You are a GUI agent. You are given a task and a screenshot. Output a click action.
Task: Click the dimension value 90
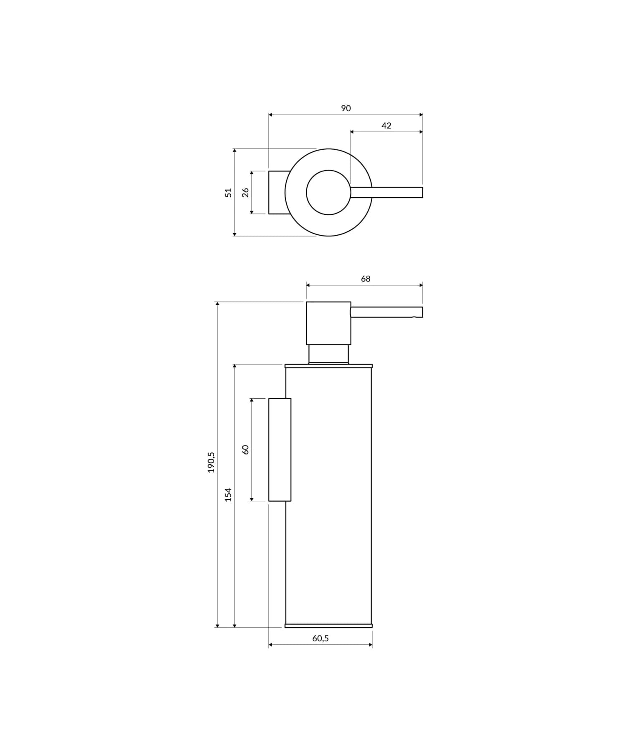pyautogui.click(x=346, y=108)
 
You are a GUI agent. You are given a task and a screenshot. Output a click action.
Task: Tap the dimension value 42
pyautogui.click(x=386, y=126)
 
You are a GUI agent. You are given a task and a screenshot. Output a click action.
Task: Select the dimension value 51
pyautogui.click(x=228, y=192)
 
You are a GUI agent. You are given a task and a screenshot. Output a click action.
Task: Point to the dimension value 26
pyautogui.click(x=245, y=192)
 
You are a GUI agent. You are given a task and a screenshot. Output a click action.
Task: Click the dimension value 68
pyautogui.click(x=365, y=279)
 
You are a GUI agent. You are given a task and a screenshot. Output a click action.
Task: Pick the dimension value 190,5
pyautogui.click(x=211, y=462)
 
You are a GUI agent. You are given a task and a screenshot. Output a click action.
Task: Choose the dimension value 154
pyautogui.click(x=228, y=494)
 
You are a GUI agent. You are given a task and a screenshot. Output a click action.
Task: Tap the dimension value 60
pyautogui.click(x=245, y=450)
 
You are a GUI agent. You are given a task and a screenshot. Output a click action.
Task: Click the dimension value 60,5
pyautogui.click(x=320, y=638)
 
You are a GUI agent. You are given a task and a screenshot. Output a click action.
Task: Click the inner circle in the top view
pyautogui.click(x=328, y=192)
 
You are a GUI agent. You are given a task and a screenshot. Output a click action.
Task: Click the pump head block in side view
pyautogui.click(x=328, y=323)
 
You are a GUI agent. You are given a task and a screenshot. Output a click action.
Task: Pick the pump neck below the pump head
pyautogui.click(x=328, y=354)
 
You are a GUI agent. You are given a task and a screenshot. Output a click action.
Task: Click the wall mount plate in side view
pyautogui.click(x=280, y=450)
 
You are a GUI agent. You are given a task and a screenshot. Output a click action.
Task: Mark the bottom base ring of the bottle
pyautogui.click(x=328, y=626)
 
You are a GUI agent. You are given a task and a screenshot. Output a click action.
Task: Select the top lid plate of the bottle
pyautogui.click(x=328, y=366)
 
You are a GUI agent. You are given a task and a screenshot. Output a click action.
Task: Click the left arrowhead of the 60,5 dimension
pyautogui.click(x=270, y=645)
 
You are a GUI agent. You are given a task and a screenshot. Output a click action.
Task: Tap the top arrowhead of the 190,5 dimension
pyautogui.click(x=217, y=304)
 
